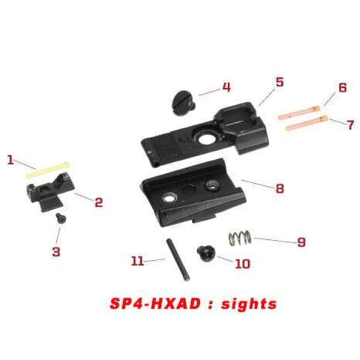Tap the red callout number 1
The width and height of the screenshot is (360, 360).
10,159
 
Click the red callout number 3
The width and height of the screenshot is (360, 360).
55,251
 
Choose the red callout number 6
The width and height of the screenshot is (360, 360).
342,88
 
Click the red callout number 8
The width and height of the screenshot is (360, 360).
279,188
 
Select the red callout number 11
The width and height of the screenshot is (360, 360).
136,261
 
